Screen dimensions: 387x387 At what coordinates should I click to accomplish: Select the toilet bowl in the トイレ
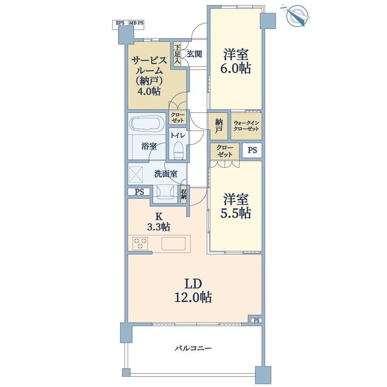[x=178, y=151]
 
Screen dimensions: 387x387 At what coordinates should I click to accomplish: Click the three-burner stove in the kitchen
[x=140, y=244]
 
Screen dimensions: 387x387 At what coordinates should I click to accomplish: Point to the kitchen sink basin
[x=173, y=244]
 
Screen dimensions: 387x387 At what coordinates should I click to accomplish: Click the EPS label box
[x=120, y=23]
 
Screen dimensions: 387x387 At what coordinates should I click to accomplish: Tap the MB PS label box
[x=136, y=23]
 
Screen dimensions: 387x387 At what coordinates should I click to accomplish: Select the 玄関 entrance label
[x=194, y=54]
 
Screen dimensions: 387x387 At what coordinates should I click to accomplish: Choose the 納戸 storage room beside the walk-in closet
[x=218, y=126]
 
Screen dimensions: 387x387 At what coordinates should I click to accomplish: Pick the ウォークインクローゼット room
[x=246, y=126]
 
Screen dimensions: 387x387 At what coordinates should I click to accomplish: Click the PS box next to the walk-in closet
[x=252, y=150]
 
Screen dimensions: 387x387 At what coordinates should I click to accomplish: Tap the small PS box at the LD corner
[x=257, y=321]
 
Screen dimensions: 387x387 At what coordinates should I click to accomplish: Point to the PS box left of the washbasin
[x=139, y=192]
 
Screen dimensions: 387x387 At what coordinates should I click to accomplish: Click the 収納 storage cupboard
[x=184, y=194]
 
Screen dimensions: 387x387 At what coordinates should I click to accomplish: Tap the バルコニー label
[x=193, y=348]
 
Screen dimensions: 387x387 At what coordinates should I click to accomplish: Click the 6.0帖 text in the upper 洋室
[x=235, y=68]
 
